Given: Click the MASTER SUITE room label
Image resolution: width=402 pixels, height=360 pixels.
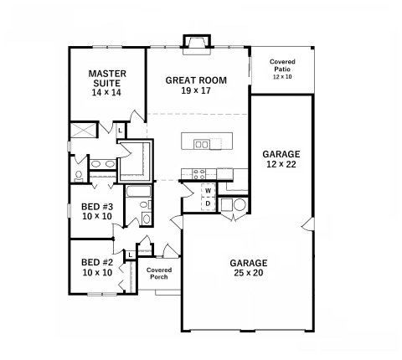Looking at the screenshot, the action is click(x=107, y=79).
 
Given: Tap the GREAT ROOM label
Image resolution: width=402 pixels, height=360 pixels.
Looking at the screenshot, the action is click(x=196, y=80).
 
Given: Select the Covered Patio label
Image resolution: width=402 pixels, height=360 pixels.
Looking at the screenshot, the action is click(x=282, y=65).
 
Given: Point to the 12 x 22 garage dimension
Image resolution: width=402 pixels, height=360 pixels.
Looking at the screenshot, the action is click(x=281, y=164).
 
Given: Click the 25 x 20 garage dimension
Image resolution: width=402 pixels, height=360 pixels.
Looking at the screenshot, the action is click(x=248, y=273).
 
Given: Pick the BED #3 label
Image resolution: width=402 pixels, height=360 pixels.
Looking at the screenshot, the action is click(x=97, y=207).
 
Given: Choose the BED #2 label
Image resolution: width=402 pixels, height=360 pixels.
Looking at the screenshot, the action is click(x=97, y=262).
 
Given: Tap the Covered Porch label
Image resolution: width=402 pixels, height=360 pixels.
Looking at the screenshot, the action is click(x=159, y=274).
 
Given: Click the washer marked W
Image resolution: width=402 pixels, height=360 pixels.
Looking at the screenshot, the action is click(x=208, y=191).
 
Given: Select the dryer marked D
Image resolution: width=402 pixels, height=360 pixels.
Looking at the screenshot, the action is click(x=208, y=203).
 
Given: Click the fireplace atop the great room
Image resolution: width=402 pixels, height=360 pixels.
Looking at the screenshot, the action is click(x=197, y=44).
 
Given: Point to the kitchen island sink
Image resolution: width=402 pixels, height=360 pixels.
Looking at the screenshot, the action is click(x=202, y=144).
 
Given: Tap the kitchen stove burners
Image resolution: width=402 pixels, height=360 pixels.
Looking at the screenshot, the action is click(x=199, y=174).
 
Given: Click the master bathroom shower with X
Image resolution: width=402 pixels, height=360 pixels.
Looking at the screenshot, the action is click(x=83, y=131).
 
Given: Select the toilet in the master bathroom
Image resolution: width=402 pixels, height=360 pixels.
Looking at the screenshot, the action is click(x=79, y=177).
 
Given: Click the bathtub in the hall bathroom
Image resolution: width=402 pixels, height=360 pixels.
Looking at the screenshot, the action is click(x=138, y=191).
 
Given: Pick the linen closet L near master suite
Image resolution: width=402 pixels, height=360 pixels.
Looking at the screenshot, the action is click(x=120, y=131).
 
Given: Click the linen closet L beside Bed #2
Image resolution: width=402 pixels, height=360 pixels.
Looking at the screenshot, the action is click(x=130, y=255).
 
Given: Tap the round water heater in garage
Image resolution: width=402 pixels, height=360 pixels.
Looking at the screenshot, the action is click(x=240, y=205).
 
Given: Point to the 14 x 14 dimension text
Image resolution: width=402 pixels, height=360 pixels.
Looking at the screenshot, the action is click(x=106, y=92).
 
